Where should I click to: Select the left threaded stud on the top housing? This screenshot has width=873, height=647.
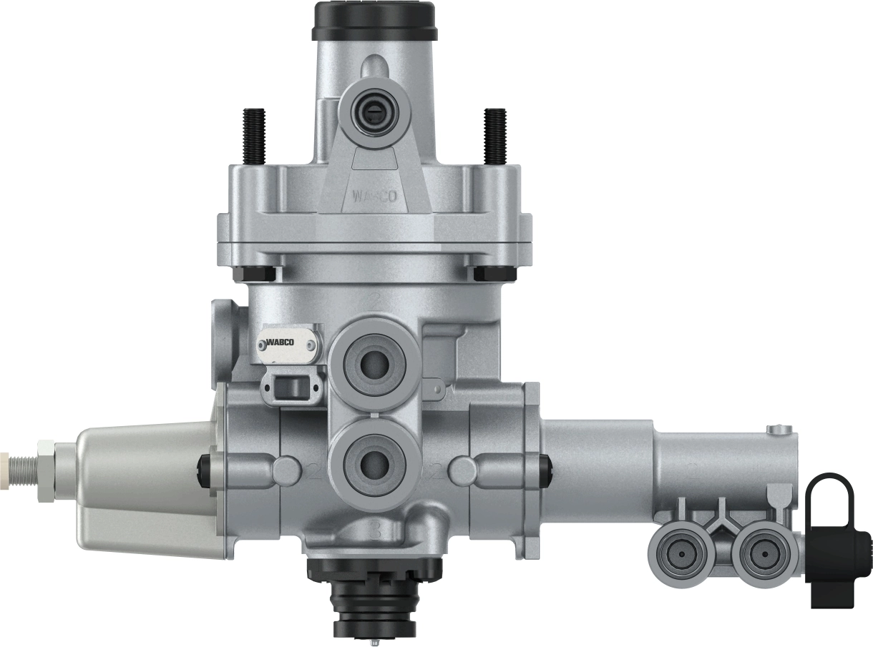[x=254, y=135]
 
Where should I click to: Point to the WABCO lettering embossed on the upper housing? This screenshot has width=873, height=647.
[x=374, y=196]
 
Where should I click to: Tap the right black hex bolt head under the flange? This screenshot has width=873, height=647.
[x=493, y=273]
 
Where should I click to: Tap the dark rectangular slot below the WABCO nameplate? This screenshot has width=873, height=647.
[x=291, y=387]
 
